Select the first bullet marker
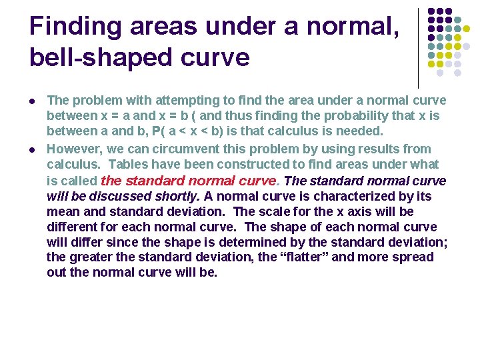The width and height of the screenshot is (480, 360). tap(33, 101)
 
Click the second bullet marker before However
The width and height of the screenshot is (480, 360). tap(33, 149)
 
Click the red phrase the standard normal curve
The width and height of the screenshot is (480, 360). tap(189, 180)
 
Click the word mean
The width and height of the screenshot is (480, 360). tap(62, 211)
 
